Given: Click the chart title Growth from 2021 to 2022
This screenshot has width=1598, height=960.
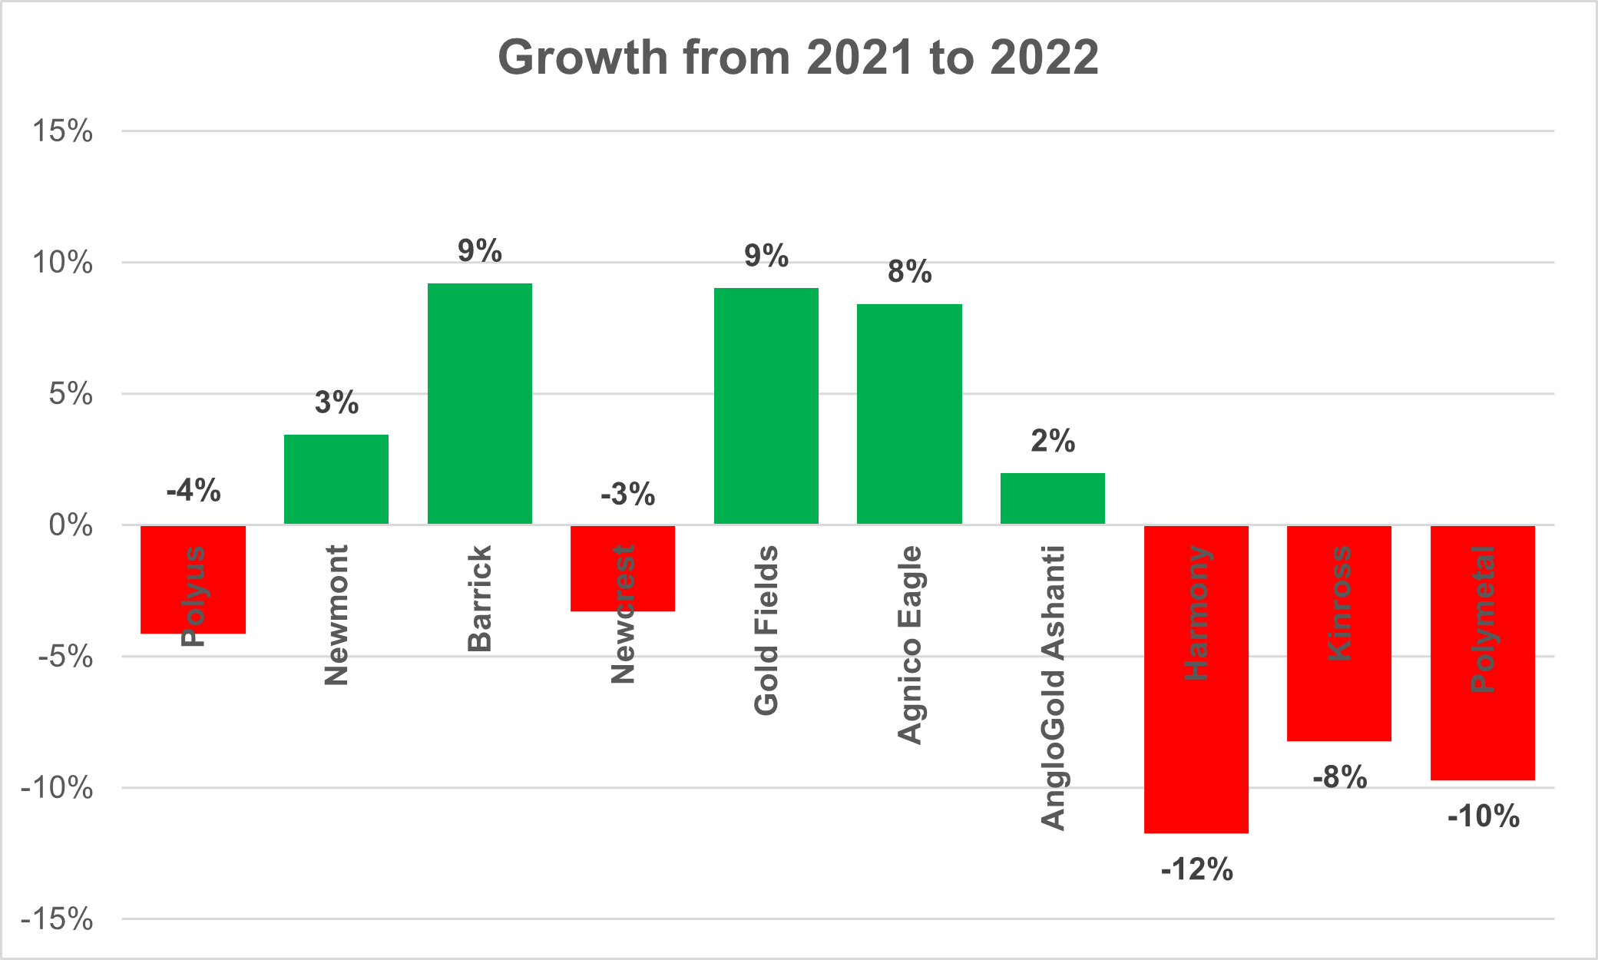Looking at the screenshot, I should (x=798, y=58).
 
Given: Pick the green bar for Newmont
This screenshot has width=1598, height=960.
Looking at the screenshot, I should (x=336, y=479).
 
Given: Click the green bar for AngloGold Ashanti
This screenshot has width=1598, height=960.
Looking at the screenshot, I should (x=1052, y=499).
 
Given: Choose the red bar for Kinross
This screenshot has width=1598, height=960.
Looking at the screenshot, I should (x=1338, y=691).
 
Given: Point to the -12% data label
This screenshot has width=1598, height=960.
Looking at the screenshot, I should (x=1196, y=870).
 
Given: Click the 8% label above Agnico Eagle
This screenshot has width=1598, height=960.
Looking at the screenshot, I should (x=909, y=272).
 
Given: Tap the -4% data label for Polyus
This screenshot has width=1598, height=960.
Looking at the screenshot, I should (x=194, y=490).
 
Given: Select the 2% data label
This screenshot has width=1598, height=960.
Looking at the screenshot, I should (x=1052, y=441).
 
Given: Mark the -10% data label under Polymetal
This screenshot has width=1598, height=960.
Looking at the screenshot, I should (x=1483, y=816).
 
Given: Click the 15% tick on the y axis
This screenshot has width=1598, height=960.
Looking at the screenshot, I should (x=61, y=131).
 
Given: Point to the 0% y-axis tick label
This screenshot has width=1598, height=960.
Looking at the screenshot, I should (x=70, y=525).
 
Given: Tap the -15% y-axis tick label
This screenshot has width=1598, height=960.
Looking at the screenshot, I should (x=57, y=919).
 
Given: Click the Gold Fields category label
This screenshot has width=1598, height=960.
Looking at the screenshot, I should (x=766, y=630).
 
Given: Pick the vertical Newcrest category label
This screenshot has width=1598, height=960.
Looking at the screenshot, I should (x=623, y=614).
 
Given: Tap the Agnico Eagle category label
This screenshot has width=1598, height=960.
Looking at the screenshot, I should (x=909, y=644).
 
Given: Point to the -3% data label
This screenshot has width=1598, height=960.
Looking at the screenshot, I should (x=627, y=495).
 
